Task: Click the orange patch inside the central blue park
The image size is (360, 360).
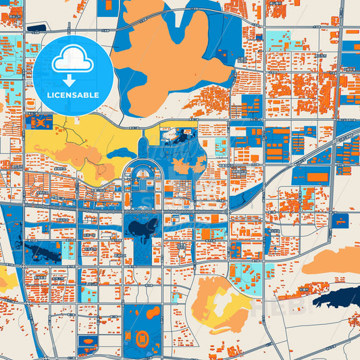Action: click(180, 165)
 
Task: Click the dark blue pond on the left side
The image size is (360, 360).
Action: click(43, 253)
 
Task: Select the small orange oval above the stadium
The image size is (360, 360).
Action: click(153, 312)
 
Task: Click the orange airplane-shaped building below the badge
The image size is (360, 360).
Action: click(38, 123)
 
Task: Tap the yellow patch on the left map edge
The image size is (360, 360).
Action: click(3, 277)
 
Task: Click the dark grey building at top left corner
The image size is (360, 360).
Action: click(36, 28)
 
